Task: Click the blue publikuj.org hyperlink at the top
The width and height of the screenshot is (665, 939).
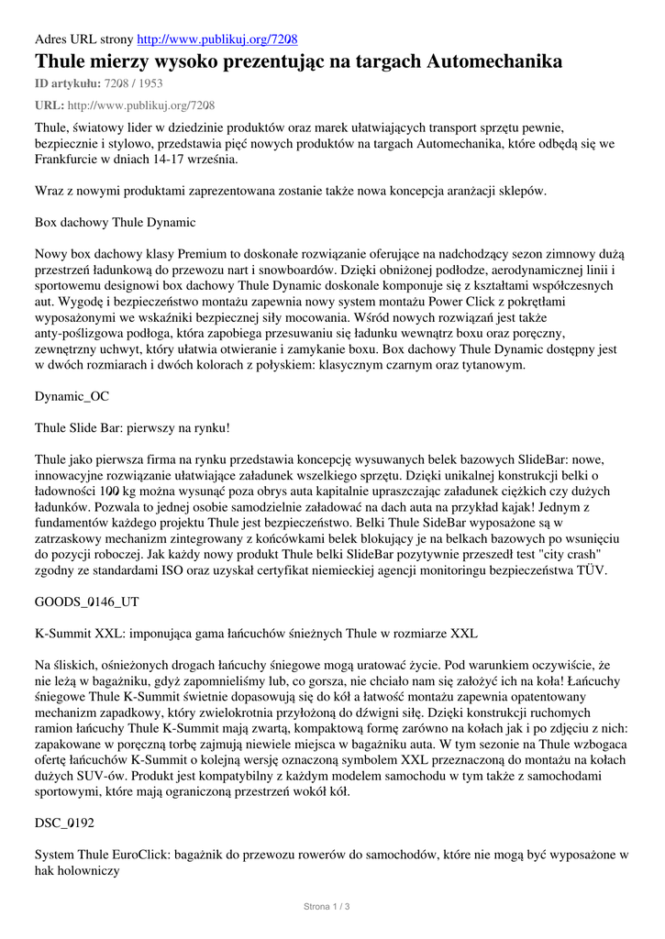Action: (216, 39)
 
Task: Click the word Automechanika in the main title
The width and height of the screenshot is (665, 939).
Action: (494, 62)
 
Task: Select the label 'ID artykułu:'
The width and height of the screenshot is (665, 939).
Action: (68, 83)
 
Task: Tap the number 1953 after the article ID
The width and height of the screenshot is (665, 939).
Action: (153, 83)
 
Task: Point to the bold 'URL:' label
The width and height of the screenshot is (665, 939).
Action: (50, 105)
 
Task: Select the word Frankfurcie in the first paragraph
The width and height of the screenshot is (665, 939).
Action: (72, 159)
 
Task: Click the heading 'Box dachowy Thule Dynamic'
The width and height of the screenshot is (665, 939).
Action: (115, 222)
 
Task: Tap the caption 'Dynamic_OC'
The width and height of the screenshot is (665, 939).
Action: (72, 396)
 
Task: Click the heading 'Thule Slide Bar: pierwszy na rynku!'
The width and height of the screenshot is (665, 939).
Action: (132, 427)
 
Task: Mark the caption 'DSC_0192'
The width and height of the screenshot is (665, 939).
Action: (64, 823)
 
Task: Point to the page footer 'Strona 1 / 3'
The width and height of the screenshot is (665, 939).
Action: (327, 907)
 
